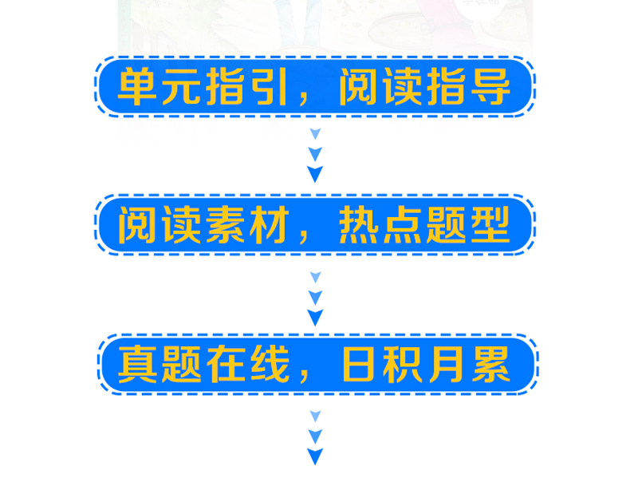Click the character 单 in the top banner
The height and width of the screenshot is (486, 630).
coord(137,86)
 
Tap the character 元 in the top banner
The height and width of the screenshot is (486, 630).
coord(181,86)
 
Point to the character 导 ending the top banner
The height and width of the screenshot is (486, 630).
coord(490,86)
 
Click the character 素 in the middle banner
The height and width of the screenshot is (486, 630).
coord(226,225)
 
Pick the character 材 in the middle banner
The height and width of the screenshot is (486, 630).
coord(270,225)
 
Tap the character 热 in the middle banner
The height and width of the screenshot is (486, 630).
coord(359,225)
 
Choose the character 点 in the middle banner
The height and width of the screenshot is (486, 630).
coord(403,225)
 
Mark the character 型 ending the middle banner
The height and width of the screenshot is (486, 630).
coord(490,225)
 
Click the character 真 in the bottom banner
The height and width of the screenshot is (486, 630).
coord(137,364)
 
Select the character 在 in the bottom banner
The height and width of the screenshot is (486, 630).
coord(226,364)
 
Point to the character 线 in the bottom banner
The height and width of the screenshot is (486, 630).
coord(270,364)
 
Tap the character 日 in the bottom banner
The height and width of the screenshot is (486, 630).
coord(359,364)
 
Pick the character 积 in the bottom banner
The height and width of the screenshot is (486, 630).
coord(403,364)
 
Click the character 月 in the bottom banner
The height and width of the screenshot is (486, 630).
coord(447,364)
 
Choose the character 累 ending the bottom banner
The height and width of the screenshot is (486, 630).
coord(490,364)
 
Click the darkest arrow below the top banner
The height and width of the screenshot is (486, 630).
coord(315,173)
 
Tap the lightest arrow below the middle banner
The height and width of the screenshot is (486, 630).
coord(316,277)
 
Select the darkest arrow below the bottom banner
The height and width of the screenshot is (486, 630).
coord(315,456)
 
